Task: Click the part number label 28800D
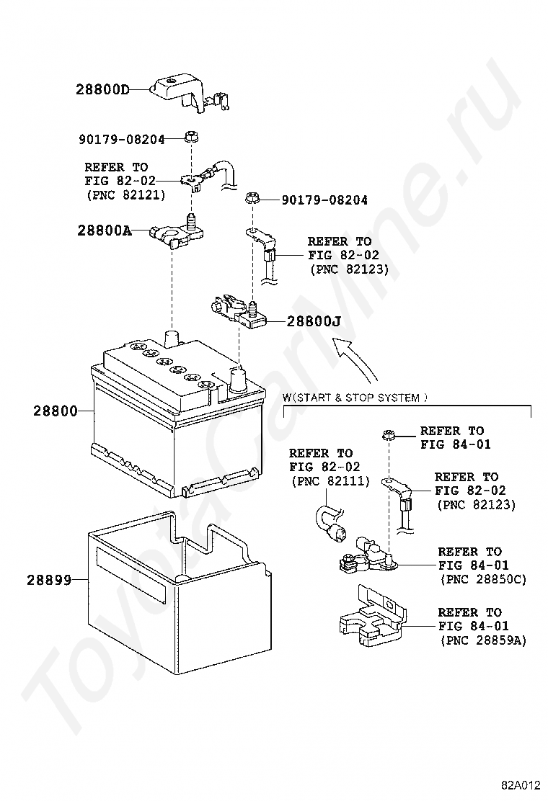click(x=102, y=90)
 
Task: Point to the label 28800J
click(x=314, y=322)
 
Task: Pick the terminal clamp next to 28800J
click(x=242, y=311)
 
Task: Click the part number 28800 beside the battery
click(x=55, y=411)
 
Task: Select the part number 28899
click(x=50, y=579)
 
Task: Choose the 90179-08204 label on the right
click(x=324, y=200)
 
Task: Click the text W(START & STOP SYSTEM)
click(x=355, y=397)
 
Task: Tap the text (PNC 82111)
click(x=330, y=481)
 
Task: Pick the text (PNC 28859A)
click(x=482, y=640)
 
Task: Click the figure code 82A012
click(x=521, y=784)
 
